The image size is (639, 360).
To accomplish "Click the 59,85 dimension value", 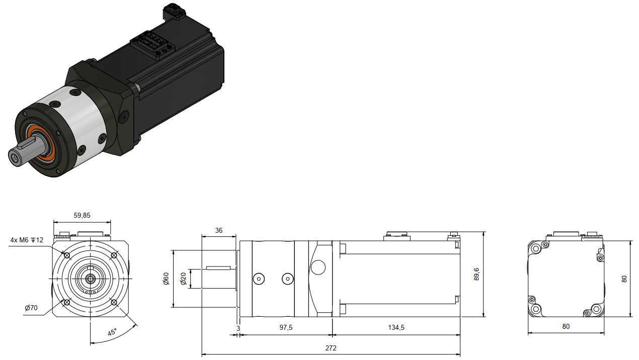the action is tap(82, 215).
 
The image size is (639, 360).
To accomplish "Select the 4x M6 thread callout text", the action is tap(27, 240).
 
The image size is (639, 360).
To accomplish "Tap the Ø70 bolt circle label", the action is tap(31, 308).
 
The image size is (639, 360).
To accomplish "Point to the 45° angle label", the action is tap(112, 332).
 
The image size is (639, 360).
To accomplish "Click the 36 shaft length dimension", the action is tap(219, 230).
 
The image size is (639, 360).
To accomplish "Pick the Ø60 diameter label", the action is tap(166, 279).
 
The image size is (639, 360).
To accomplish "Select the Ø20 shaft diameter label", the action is tap(183, 279).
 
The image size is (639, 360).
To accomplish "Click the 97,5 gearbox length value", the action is tap(286, 327).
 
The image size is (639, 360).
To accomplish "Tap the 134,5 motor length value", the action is tap(396, 327).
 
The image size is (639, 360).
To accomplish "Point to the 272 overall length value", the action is tap(331, 348).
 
